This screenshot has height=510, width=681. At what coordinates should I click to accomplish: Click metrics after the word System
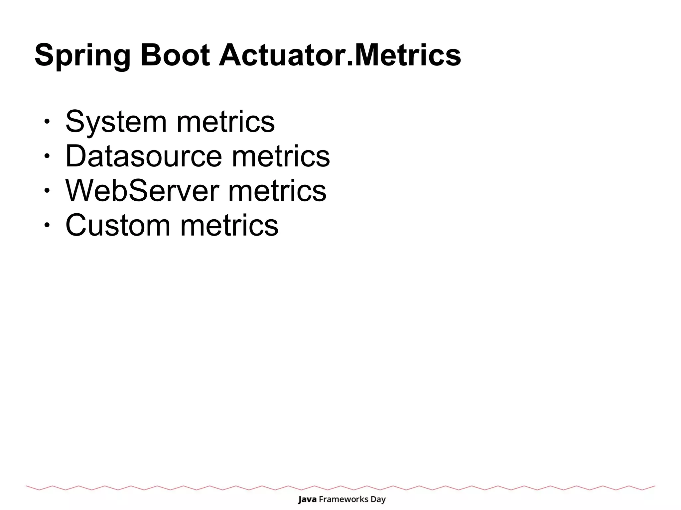(x=225, y=122)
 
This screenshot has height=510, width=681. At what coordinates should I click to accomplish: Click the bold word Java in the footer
(x=307, y=499)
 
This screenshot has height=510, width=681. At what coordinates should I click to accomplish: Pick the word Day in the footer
(x=378, y=500)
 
